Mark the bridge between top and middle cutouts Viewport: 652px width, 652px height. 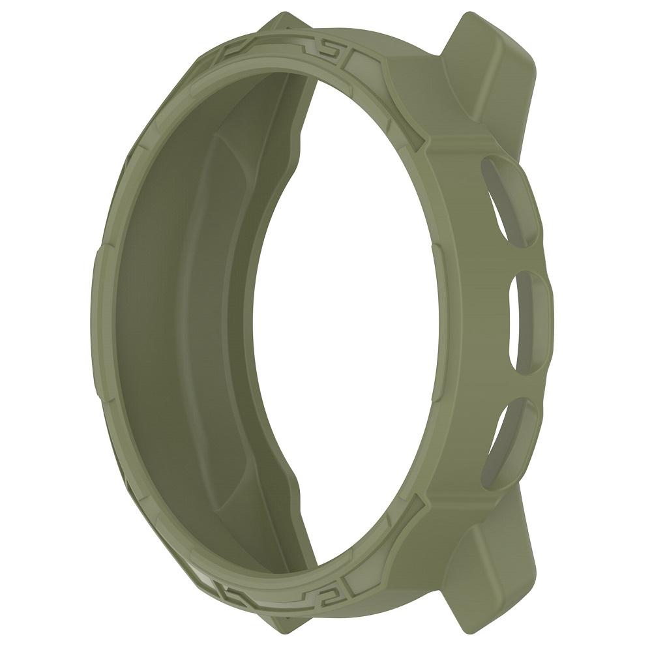pos(522,254)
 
